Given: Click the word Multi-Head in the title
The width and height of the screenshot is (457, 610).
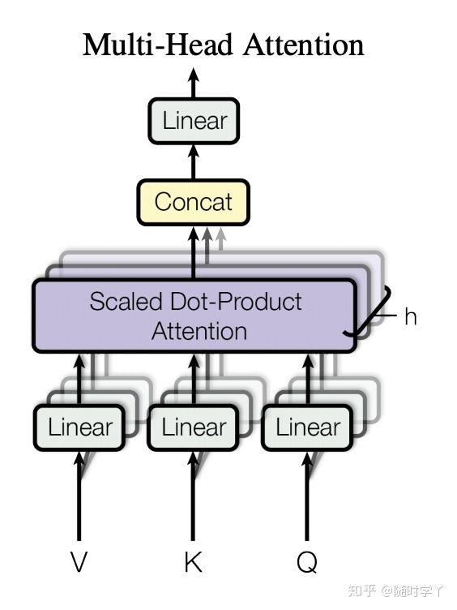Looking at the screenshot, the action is [158, 45].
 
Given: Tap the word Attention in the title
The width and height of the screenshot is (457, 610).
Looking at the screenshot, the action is [304, 45].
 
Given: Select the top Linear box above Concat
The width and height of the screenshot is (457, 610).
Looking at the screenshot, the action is [194, 121].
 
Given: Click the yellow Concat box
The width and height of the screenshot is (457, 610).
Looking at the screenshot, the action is [193, 202].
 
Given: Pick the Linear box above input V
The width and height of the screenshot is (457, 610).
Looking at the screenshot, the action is [79, 427].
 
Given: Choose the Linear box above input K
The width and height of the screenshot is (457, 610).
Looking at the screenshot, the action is [193, 427].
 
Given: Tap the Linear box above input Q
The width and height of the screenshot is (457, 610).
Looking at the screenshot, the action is [307, 427].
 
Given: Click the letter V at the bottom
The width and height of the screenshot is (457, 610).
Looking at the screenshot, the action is [79, 561].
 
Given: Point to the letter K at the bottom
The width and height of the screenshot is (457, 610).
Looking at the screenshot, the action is [193, 561].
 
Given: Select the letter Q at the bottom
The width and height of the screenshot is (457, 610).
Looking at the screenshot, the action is [307, 562].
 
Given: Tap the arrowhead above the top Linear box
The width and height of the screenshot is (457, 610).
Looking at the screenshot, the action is [194, 75].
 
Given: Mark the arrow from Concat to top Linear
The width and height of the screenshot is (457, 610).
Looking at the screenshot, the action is [194, 162].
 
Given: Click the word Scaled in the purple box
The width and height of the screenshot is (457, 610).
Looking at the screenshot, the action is [126, 302].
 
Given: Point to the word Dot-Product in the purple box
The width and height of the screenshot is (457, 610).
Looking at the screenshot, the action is [236, 302].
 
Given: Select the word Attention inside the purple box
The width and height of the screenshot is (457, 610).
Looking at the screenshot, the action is [199, 331].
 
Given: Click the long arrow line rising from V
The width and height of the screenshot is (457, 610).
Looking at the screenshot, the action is [79, 496].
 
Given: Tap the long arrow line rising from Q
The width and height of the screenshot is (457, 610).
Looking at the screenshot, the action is [307, 496].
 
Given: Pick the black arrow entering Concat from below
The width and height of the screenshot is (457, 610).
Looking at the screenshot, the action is [194, 252].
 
